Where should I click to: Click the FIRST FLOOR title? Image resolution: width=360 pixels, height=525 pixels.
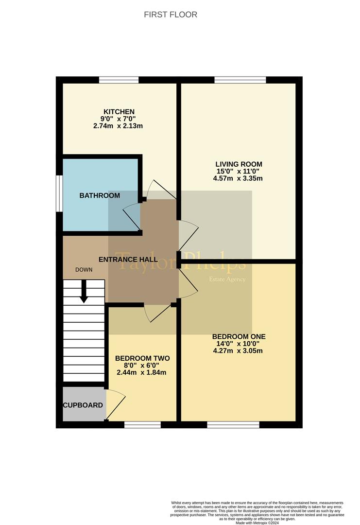click(171, 15)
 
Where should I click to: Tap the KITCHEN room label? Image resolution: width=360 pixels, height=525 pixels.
click(119, 112)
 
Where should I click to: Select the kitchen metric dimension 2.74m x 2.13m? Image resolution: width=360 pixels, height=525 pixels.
click(118, 126)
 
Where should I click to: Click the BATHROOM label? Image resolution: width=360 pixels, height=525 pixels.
click(100, 195)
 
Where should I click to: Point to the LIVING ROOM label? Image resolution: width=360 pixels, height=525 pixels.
click(239, 164)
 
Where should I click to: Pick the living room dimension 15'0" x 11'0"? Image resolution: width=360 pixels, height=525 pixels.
click(238, 171)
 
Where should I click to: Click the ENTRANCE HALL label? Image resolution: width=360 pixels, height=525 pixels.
click(128, 260)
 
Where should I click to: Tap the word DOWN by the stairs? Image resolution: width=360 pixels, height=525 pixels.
click(84, 269)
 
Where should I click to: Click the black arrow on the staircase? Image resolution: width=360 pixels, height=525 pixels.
click(84, 291)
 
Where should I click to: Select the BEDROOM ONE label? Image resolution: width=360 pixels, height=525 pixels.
click(239, 336)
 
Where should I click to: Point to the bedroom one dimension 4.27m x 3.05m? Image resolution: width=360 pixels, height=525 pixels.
click(238, 351)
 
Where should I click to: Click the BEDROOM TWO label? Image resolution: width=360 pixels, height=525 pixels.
click(142, 358)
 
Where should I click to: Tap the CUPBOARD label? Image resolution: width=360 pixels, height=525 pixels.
click(83, 405)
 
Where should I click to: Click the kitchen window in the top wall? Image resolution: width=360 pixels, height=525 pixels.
click(119, 80)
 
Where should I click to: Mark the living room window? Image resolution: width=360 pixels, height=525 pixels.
click(240, 80)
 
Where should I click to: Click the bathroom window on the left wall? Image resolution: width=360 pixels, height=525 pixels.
click(59, 193)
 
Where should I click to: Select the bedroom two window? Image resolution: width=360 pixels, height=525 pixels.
click(142, 424)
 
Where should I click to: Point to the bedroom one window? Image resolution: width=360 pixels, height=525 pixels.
click(233, 424)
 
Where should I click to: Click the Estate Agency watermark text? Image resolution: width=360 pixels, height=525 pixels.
click(227, 279)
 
